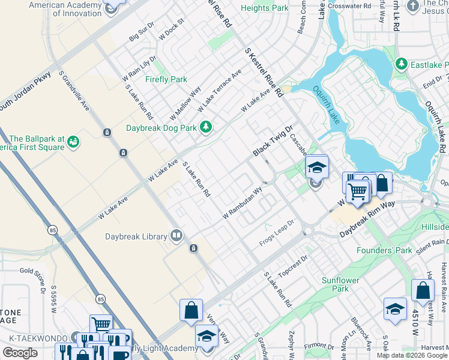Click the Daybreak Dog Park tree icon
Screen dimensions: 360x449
206,127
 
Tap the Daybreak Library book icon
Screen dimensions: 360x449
176,235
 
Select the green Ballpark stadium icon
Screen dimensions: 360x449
73,141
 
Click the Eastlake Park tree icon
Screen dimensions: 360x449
401,64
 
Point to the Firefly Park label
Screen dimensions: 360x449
166,79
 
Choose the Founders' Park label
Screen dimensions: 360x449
382,250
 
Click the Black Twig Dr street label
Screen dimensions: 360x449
272,142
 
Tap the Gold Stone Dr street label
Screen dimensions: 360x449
32,276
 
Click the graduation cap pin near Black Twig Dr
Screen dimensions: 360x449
317,167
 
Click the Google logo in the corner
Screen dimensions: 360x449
20,353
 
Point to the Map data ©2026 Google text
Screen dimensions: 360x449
412,355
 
